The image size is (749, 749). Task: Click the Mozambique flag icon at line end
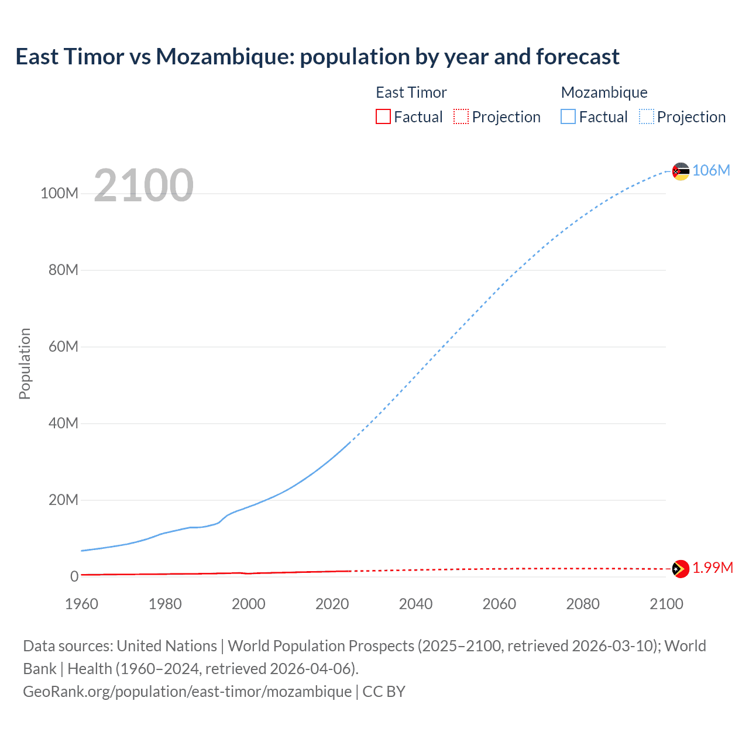[x=681, y=171]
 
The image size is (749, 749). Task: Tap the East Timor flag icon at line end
[x=681, y=569]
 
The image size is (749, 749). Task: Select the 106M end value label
[x=711, y=170]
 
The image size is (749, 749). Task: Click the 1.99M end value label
[x=713, y=568]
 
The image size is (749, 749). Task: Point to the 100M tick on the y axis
[x=59, y=194]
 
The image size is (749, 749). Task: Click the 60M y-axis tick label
[x=63, y=346]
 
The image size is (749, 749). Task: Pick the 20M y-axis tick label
[x=63, y=500]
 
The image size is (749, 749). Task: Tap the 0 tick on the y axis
[x=74, y=576]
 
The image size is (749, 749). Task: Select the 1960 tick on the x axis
[x=81, y=604]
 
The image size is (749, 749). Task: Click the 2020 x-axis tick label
[x=332, y=604]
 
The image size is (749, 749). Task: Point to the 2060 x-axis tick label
[x=499, y=604]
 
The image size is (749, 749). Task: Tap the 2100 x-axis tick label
[x=666, y=604]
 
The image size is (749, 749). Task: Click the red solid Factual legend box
[x=383, y=116]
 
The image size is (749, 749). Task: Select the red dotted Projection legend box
[x=461, y=116]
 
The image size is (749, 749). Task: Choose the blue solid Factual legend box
[x=568, y=116]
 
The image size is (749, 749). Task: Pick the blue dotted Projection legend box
[x=647, y=116]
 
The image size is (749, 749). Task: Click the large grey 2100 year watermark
[x=143, y=185]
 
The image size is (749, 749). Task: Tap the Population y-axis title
[x=25, y=363]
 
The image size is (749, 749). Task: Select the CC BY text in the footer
[x=384, y=692]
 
